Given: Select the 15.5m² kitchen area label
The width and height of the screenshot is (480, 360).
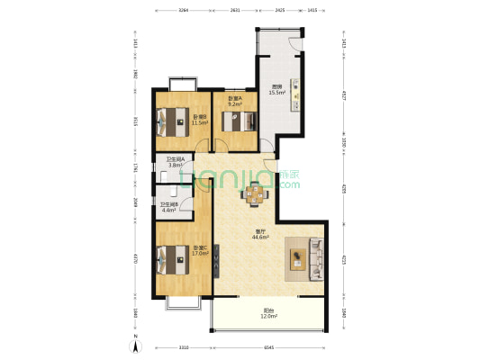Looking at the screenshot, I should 276,90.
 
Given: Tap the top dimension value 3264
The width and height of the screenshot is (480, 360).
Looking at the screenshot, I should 183,9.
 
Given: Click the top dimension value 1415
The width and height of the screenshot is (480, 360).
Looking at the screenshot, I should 312,9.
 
